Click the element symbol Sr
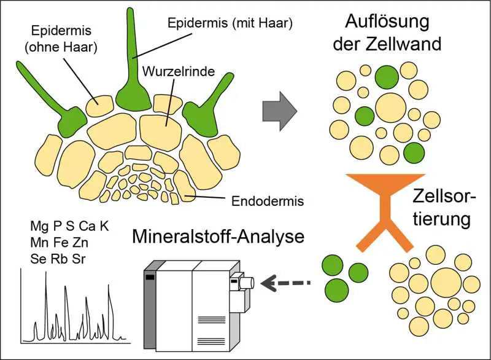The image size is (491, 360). pyautogui.click(x=78, y=258)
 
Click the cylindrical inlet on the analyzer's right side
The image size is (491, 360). pyautogui.click(x=245, y=283)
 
